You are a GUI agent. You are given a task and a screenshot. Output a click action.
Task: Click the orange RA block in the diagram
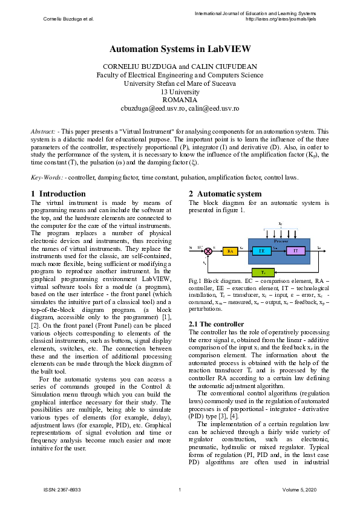(x=231, y=250)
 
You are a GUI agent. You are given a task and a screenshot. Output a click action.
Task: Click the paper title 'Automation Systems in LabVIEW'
(x=180, y=48)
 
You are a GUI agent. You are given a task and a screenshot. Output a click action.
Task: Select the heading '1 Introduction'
(x=58, y=194)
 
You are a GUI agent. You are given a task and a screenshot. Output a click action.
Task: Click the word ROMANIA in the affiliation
(x=180, y=100)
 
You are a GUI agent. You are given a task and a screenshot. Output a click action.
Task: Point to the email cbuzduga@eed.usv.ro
(x=150, y=108)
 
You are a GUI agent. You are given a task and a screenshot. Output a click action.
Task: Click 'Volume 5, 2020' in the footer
(x=299, y=489)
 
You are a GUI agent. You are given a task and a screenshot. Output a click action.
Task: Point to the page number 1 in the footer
(x=180, y=489)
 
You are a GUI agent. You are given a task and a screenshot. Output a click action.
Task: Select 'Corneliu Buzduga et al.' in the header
(x=68, y=19)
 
